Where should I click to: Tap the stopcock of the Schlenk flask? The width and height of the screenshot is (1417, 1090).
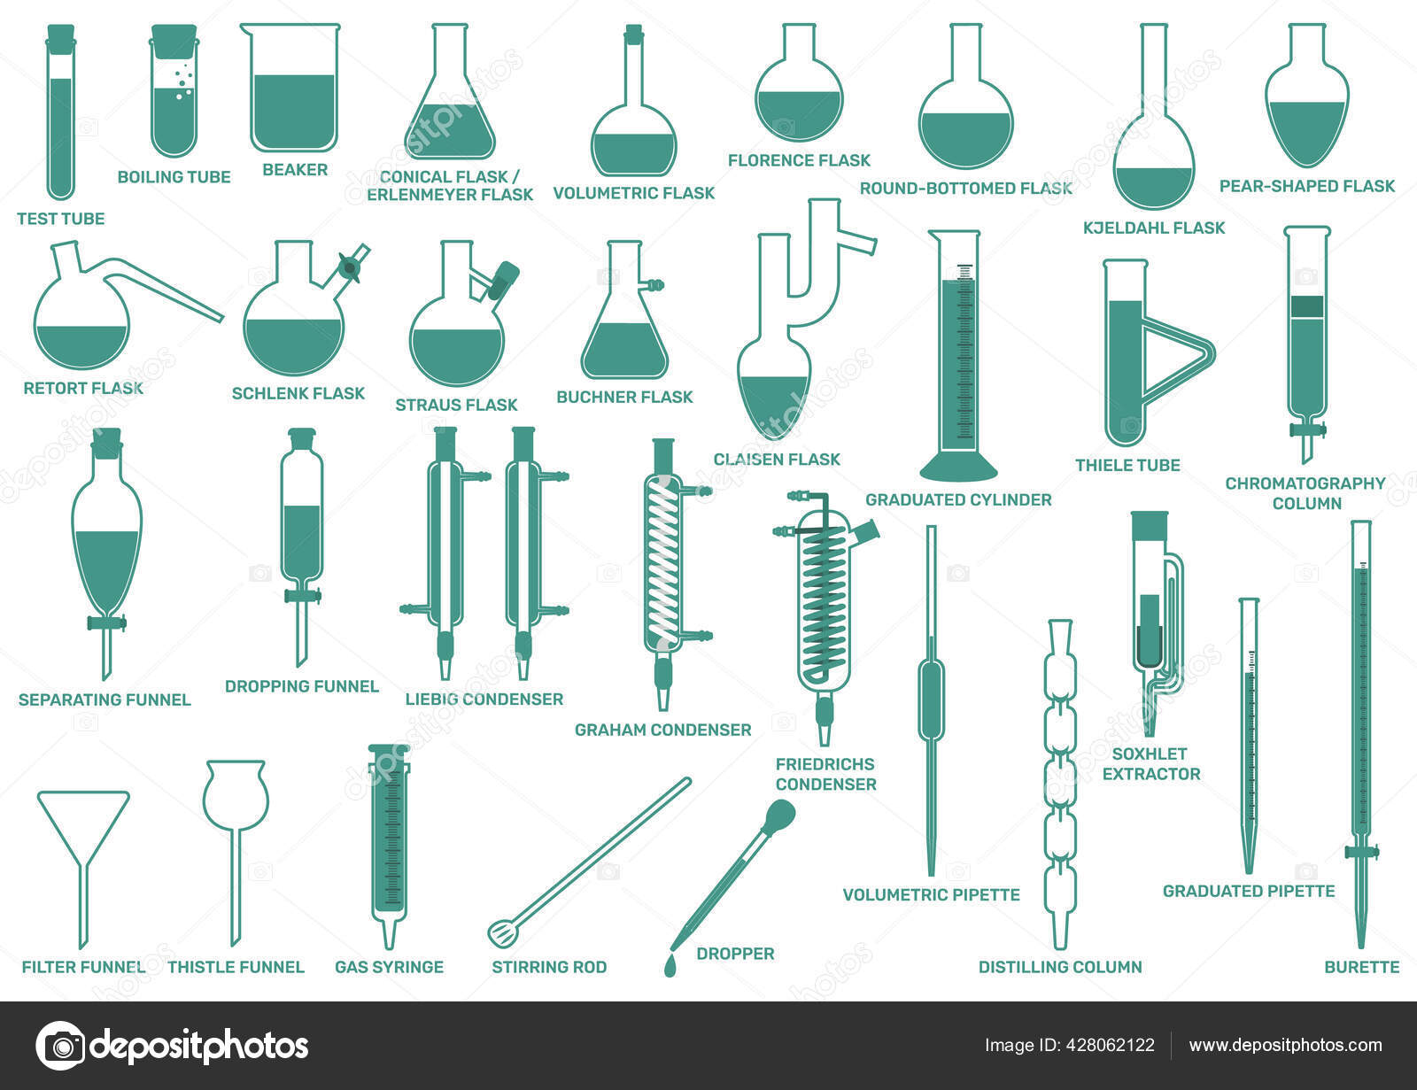coord(351,267)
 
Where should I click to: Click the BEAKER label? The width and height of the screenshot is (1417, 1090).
coord(295,170)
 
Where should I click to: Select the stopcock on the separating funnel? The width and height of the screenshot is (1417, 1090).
coord(106,623)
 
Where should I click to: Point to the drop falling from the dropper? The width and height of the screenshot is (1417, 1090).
coord(670,965)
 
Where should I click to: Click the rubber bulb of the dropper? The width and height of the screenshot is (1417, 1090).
coord(779,815)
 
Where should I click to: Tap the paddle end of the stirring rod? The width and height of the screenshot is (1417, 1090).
coord(503,931)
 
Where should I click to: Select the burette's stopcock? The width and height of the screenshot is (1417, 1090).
coord(1361,851)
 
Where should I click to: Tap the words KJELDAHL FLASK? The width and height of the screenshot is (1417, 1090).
coord(1154,228)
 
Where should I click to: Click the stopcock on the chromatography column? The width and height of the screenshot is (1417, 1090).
coord(1307,429)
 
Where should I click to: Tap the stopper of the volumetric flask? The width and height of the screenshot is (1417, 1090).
coord(633,34)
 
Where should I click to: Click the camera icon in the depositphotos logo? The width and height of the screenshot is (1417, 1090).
coord(60,1046)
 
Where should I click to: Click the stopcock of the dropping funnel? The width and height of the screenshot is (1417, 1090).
coord(303,595)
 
